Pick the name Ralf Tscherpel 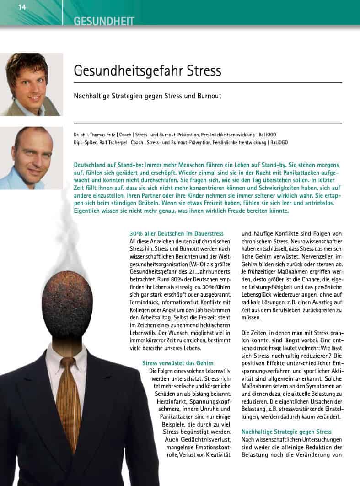(102, 142)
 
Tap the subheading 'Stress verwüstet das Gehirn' (178, 363)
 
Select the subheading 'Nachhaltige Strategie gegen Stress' (286, 432)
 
